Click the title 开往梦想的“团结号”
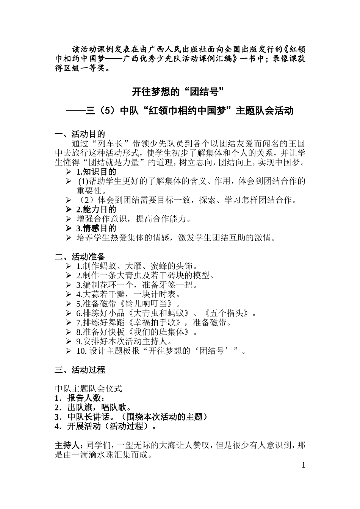tap(178, 92)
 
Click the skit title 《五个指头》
tap(227, 313)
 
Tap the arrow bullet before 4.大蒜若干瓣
tap(69, 294)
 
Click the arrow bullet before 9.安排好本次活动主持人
tap(69, 342)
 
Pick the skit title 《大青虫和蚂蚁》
tap(159, 313)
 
